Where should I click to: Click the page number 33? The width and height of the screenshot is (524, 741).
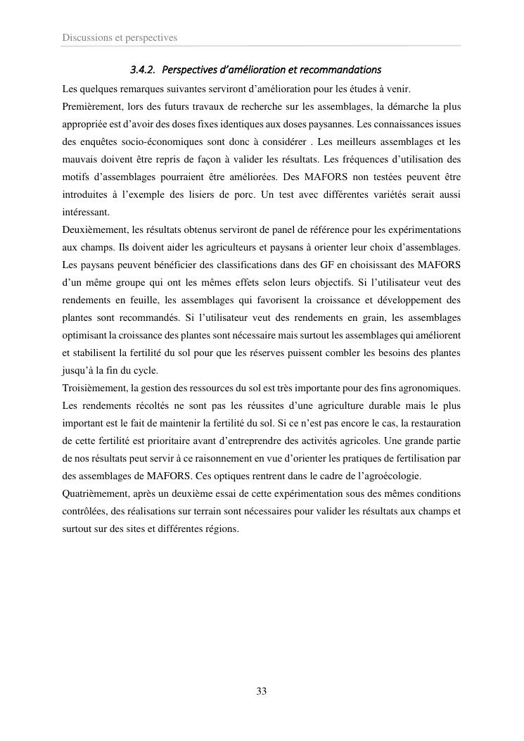coord(262,691)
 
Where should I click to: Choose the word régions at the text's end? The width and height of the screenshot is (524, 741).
coord(219,530)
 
